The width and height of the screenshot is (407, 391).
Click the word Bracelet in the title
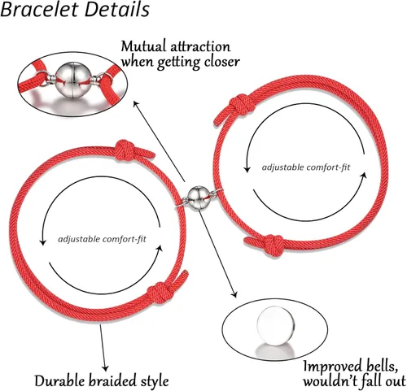[x=40, y=10]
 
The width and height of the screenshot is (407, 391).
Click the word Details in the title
[x=117, y=10]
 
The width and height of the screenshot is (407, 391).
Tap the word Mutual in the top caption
[x=143, y=47]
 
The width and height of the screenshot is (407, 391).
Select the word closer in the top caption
[x=221, y=62]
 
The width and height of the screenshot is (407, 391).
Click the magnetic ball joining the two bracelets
[x=198, y=197]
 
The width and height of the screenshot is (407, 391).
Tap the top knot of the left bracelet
[x=125, y=150]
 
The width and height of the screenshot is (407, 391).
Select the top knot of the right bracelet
[x=242, y=105]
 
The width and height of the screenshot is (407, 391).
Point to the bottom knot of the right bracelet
[x=274, y=245]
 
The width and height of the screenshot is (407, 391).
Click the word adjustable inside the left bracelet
[x=79, y=240]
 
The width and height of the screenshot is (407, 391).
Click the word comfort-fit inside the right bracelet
[x=328, y=167]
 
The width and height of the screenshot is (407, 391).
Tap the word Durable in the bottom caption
[x=59, y=380]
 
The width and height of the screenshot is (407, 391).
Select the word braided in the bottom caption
[x=113, y=380]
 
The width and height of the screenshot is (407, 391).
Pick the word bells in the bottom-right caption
[x=383, y=367]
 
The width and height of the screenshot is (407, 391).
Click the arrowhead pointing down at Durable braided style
[x=105, y=368]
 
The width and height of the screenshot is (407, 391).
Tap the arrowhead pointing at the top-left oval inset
[x=136, y=105]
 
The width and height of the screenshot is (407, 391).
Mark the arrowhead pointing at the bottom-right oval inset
[x=234, y=294]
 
